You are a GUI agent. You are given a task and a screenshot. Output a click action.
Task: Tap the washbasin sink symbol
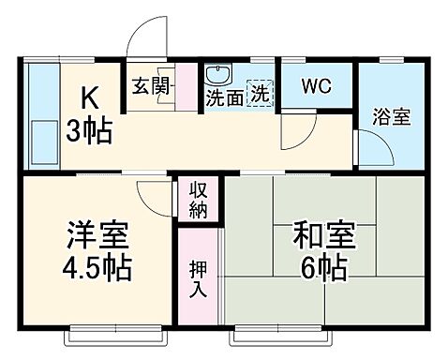(x=218, y=75)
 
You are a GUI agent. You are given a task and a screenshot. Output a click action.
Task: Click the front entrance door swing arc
(x=145, y=36)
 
